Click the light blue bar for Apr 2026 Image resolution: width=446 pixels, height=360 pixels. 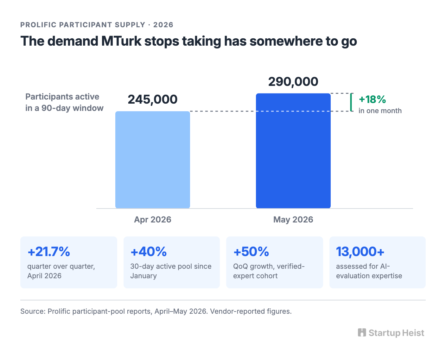pyautogui.click(x=153, y=160)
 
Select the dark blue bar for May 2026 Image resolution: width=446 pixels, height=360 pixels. pyautogui.click(x=293, y=151)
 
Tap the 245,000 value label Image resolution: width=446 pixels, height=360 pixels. pyautogui.click(x=153, y=99)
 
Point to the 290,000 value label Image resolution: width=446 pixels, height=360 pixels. pyautogui.click(x=293, y=81)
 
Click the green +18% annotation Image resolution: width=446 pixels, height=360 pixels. pyautogui.click(x=372, y=99)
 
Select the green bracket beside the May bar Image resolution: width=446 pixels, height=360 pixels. pyautogui.click(x=351, y=102)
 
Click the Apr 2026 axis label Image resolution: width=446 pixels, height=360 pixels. pyautogui.click(x=153, y=220)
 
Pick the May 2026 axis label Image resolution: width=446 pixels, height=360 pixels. pyautogui.click(x=293, y=220)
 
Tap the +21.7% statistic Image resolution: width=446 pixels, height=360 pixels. pyautogui.click(x=49, y=252)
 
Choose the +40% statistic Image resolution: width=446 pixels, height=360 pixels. pyautogui.click(x=149, y=252)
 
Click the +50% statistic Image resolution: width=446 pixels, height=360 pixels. pyautogui.click(x=251, y=252)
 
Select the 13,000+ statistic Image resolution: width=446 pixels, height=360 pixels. pyautogui.click(x=360, y=252)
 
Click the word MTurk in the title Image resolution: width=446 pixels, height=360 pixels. pyautogui.click(x=121, y=41)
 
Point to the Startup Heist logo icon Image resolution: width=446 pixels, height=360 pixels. pyautogui.click(x=362, y=333)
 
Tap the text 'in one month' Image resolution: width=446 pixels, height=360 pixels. pyautogui.click(x=380, y=111)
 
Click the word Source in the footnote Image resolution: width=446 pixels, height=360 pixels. pyautogui.click(x=33, y=311)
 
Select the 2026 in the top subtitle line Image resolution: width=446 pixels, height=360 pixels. pyautogui.click(x=163, y=25)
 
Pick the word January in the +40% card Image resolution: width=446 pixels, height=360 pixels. pyautogui.click(x=143, y=276)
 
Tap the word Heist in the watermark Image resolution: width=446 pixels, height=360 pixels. pyautogui.click(x=413, y=333)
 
